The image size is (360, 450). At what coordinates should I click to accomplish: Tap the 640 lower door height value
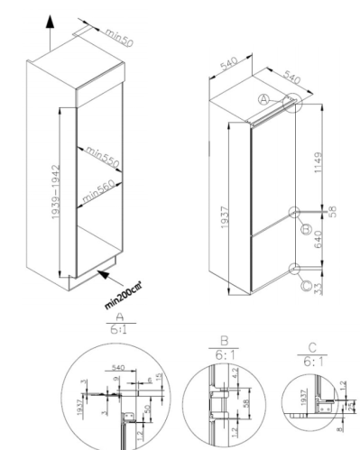click(319, 240)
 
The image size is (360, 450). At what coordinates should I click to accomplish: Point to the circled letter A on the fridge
click(264, 97)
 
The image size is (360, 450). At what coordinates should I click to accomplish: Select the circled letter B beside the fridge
click(305, 229)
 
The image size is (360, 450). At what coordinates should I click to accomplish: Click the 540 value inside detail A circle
click(115, 369)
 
